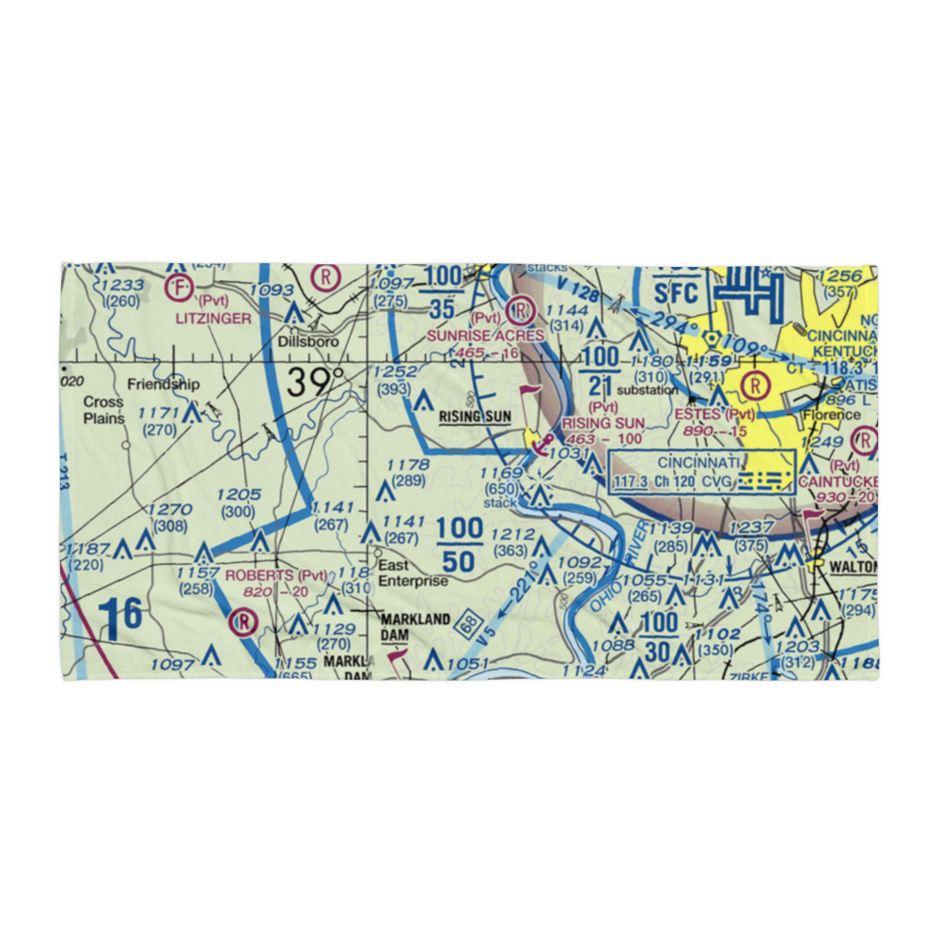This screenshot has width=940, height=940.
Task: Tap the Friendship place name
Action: click(x=164, y=384)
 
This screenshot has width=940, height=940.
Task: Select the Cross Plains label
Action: click(x=103, y=410)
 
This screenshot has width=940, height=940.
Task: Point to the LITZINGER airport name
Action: click(x=212, y=319)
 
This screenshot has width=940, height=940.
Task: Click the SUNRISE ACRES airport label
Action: click(x=485, y=335)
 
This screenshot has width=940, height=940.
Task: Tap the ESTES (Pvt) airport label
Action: click(x=713, y=414)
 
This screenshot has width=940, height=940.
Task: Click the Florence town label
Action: click(x=831, y=414)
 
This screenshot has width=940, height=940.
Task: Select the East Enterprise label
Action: click(x=414, y=573)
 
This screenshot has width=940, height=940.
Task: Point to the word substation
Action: click(x=648, y=389)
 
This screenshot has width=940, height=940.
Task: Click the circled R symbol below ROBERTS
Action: click(x=243, y=621)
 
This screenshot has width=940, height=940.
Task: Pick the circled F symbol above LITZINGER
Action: click(x=178, y=287)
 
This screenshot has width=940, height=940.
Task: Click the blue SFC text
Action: click(x=676, y=291)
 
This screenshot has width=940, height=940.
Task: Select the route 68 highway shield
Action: click(x=467, y=622)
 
